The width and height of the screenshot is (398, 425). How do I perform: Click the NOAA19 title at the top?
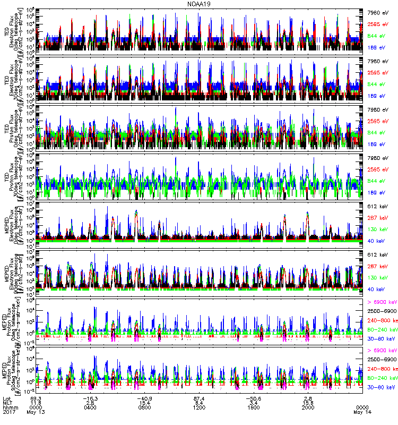[x=200, y=4]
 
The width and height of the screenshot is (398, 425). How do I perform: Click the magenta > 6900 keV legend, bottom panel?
[x=380, y=351]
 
